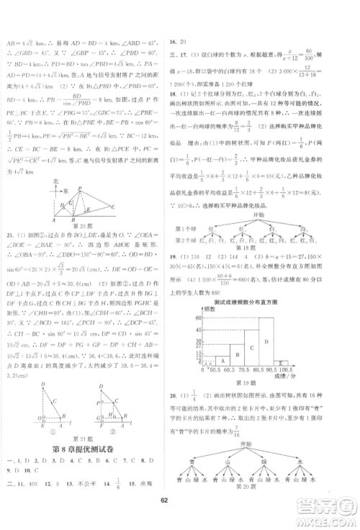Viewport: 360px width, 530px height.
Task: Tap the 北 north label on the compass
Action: coord(58,181)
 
